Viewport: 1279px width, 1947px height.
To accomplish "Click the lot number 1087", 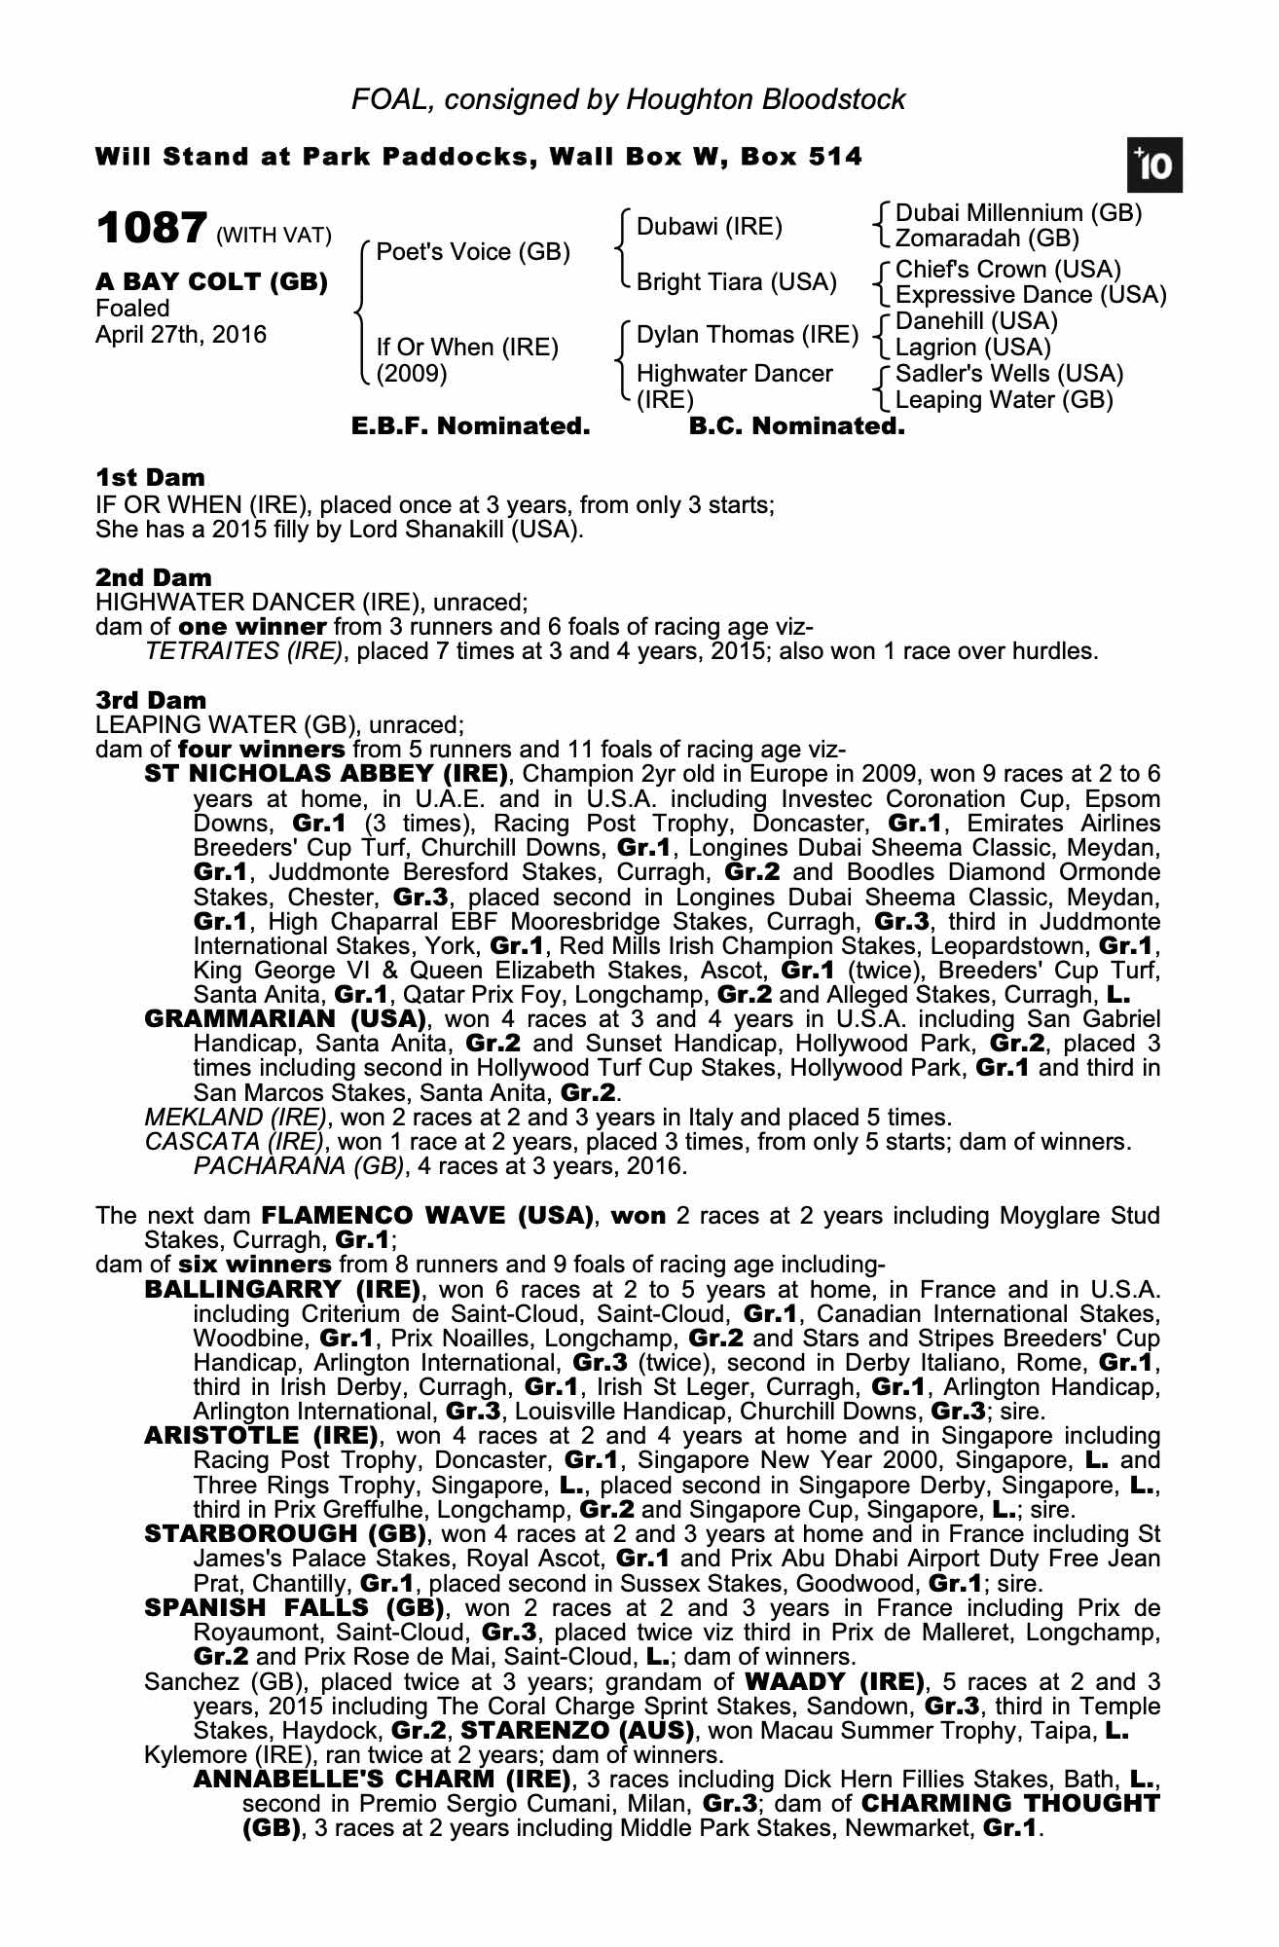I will pyautogui.click(x=151, y=230).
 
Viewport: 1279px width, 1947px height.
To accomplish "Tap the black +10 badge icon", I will pyautogui.click(x=1154, y=166).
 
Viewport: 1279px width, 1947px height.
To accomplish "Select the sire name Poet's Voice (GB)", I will pyautogui.click(x=473, y=252).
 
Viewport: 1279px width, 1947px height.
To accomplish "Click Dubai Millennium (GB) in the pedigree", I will pyautogui.click(x=1018, y=213).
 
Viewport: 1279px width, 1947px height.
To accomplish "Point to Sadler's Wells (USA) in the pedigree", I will pyautogui.click(x=1009, y=374).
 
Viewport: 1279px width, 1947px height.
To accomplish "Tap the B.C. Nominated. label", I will pyautogui.click(x=796, y=426).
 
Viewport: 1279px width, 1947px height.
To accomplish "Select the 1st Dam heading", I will pyautogui.click(x=151, y=477).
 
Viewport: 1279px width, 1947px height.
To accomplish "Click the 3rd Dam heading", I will pyautogui.click(x=151, y=700).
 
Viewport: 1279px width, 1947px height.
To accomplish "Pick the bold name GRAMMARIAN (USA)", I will pyautogui.click(x=285, y=1019).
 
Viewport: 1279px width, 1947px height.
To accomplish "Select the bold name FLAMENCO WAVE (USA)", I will pyautogui.click(x=428, y=1216).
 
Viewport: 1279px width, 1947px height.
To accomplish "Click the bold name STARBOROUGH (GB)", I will pyautogui.click(x=285, y=1534).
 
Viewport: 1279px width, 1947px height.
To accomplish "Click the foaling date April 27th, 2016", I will pyautogui.click(x=181, y=335).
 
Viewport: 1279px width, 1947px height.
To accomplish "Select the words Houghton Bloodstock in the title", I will pyautogui.click(x=766, y=99).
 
